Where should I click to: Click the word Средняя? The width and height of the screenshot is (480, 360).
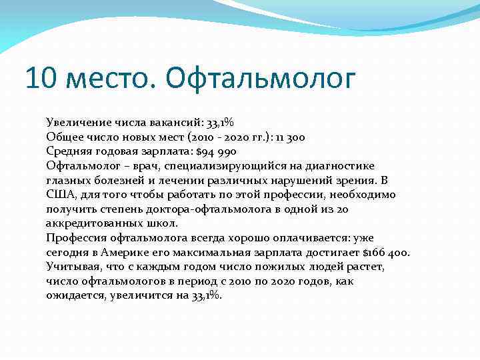click(x=69, y=151)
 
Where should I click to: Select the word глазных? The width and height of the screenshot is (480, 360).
click(x=68, y=180)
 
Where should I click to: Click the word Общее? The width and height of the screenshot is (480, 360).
click(x=65, y=137)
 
